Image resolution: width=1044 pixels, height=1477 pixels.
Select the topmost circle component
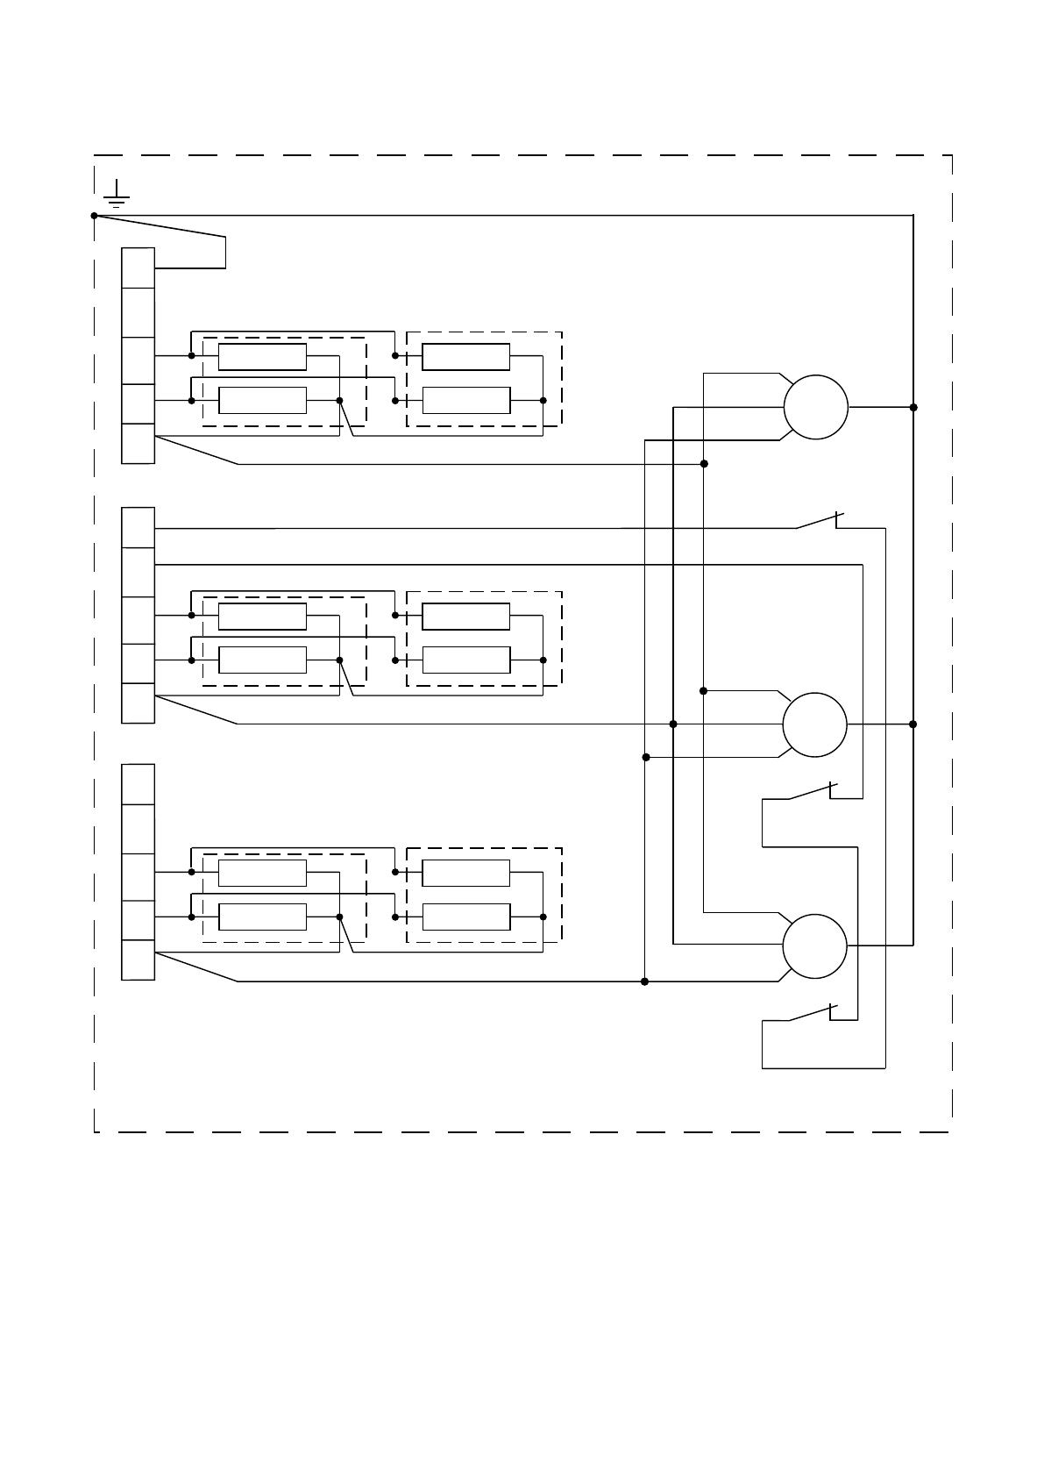[x=815, y=407]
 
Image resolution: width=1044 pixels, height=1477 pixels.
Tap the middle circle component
[x=814, y=724]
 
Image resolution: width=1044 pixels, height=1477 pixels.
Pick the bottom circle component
[x=814, y=946]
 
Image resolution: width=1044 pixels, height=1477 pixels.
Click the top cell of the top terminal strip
[x=138, y=268]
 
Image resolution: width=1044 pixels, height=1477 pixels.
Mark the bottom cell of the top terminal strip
[x=138, y=443]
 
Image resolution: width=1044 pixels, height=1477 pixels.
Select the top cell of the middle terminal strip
[x=138, y=527]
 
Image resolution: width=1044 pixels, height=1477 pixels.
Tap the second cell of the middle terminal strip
[x=138, y=572]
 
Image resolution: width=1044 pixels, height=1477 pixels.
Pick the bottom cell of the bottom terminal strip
[x=138, y=960]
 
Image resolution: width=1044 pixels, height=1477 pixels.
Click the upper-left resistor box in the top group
[x=262, y=357]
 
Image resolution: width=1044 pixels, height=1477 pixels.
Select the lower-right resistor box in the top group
[x=465, y=400]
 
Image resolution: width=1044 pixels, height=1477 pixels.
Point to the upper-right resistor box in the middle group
[x=465, y=617]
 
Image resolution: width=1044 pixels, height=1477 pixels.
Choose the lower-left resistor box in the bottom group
[x=262, y=917]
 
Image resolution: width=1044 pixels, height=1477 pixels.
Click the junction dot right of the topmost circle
[x=913, y=407]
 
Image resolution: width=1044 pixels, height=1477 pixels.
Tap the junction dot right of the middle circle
[x=913, y=724]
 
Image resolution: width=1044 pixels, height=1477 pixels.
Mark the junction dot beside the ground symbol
[x=95, y=215]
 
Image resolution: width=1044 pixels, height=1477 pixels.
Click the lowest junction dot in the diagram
[x=645, y=981]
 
